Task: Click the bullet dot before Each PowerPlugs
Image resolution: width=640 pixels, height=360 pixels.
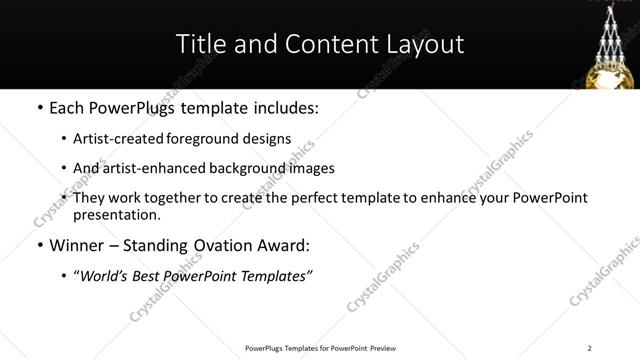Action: pyautogui.click(x=38, y=108)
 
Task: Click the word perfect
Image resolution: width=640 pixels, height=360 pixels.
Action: pyautogui.click(x=318, y=198)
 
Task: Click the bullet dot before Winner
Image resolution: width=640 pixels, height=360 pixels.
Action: pyautogui.click(x=38, y=245)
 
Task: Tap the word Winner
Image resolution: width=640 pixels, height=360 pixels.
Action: pyautogui.click(x=78, y=245)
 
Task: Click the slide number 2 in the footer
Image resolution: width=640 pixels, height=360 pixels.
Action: pyautogui.click(x=590, y=348)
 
